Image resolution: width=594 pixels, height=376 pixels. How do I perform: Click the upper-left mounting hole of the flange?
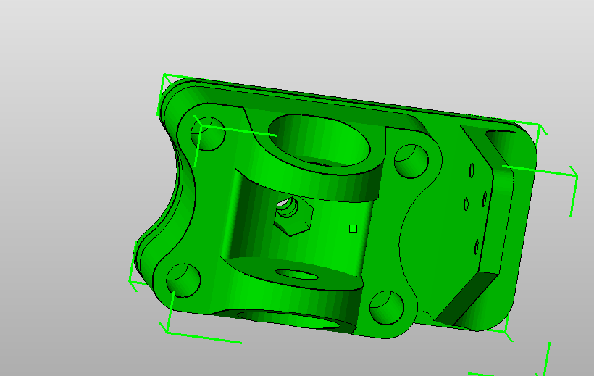click(x=209, y=135)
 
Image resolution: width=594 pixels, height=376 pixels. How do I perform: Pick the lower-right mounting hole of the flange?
click(x=386, y=306)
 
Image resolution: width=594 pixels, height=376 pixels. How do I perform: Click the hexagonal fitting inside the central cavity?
click(x=293, y=215)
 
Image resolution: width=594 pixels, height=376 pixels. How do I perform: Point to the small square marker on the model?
click(x=353, y=228)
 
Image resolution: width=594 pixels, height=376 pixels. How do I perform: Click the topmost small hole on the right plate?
click(x=471, y=170)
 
